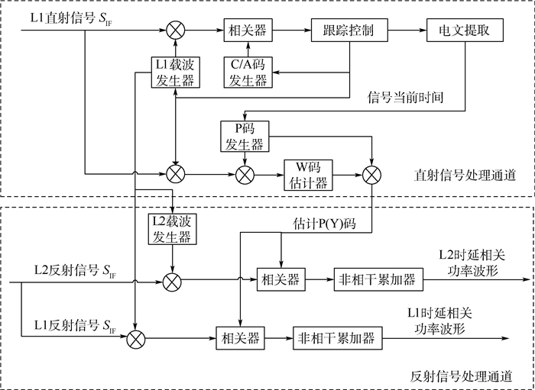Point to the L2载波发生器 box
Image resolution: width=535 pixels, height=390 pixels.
click(174, 228)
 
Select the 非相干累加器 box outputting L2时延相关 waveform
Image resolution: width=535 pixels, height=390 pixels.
click(377, 280)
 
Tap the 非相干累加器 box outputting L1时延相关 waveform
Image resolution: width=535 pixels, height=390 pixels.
click(336, 337)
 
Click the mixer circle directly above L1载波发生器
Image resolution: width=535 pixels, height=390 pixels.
click(176, 31)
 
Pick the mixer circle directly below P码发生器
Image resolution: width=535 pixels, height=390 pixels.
click(245, 175)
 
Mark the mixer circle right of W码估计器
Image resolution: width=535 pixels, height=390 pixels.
click(372, 175)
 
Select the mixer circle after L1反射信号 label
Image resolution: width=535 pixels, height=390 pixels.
click(135, 337)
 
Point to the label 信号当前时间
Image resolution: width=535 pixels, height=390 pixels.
click(406, 97)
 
